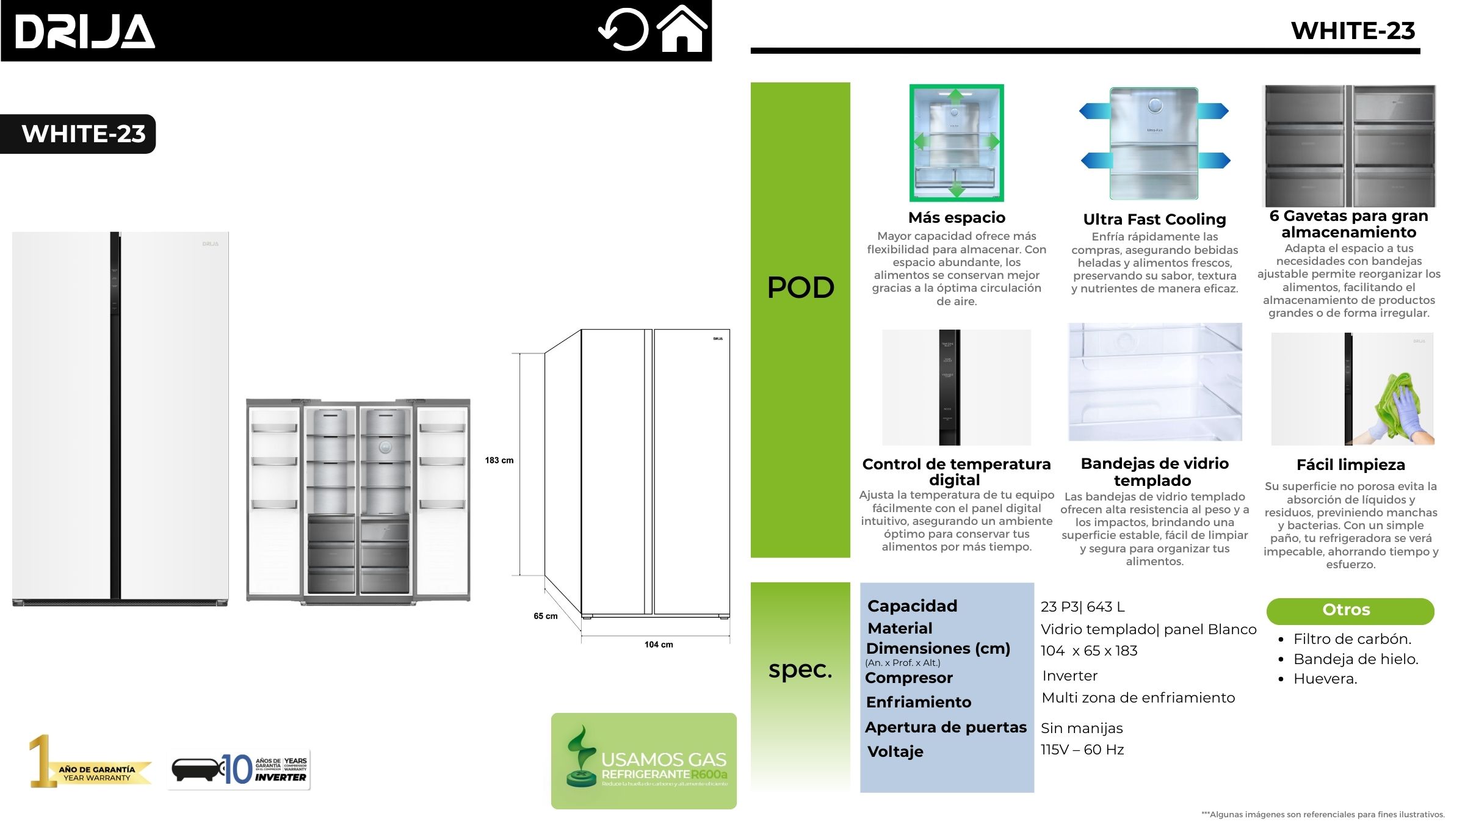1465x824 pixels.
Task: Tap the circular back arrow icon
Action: pyautogui.click(x=624, y=29)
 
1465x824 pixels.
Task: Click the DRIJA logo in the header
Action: pyautogui.click(x=85, y=31)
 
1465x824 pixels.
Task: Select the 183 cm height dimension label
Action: pyautogui.click(x=499, y=460)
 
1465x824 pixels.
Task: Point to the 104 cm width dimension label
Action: pyautogui.click(x=659, y=645)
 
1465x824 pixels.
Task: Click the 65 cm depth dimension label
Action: pyautogui.click(x=545, y=616)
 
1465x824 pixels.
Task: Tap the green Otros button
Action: pyautogui.click(x=1350, y=610)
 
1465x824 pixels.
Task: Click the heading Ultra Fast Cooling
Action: pyautogui.click(x=1154, y=219)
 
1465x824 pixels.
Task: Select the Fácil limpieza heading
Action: pyautogui.click(x=1350, y=465)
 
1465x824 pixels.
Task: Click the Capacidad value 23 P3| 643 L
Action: pyautogui.click(x=1082, y=607)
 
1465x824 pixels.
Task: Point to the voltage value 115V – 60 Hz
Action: pyautogui.click(x=1082, y=750)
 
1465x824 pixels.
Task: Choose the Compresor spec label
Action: pyautogui.click(x=908, y=678)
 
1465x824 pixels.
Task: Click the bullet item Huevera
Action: pyautogui.click(x=1325, y=679)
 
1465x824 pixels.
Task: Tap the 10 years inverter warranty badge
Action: pyautogui.click(x=239, y=770)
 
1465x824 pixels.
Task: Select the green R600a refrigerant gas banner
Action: pyautogui.click(x=643, y=761)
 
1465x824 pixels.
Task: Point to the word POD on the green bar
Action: pyautogui.click(x=800, y=287)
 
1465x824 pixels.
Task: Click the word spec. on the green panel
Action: pyautogui.click(x=800, y=670)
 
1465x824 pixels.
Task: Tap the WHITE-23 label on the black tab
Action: pyautogui.click(x=84, y=134)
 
